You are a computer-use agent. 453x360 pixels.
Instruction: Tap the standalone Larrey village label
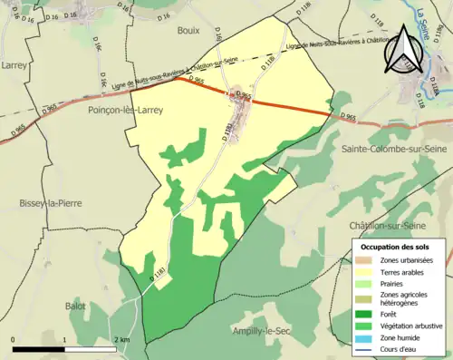[x=14, y=65]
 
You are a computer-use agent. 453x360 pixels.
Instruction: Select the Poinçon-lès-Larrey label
[x=125, y=109]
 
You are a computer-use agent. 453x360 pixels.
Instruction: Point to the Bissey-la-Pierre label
[x=50, y=203]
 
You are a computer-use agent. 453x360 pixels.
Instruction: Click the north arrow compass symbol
[x=403, y=47]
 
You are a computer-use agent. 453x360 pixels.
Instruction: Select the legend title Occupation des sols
[x=395, y=247]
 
